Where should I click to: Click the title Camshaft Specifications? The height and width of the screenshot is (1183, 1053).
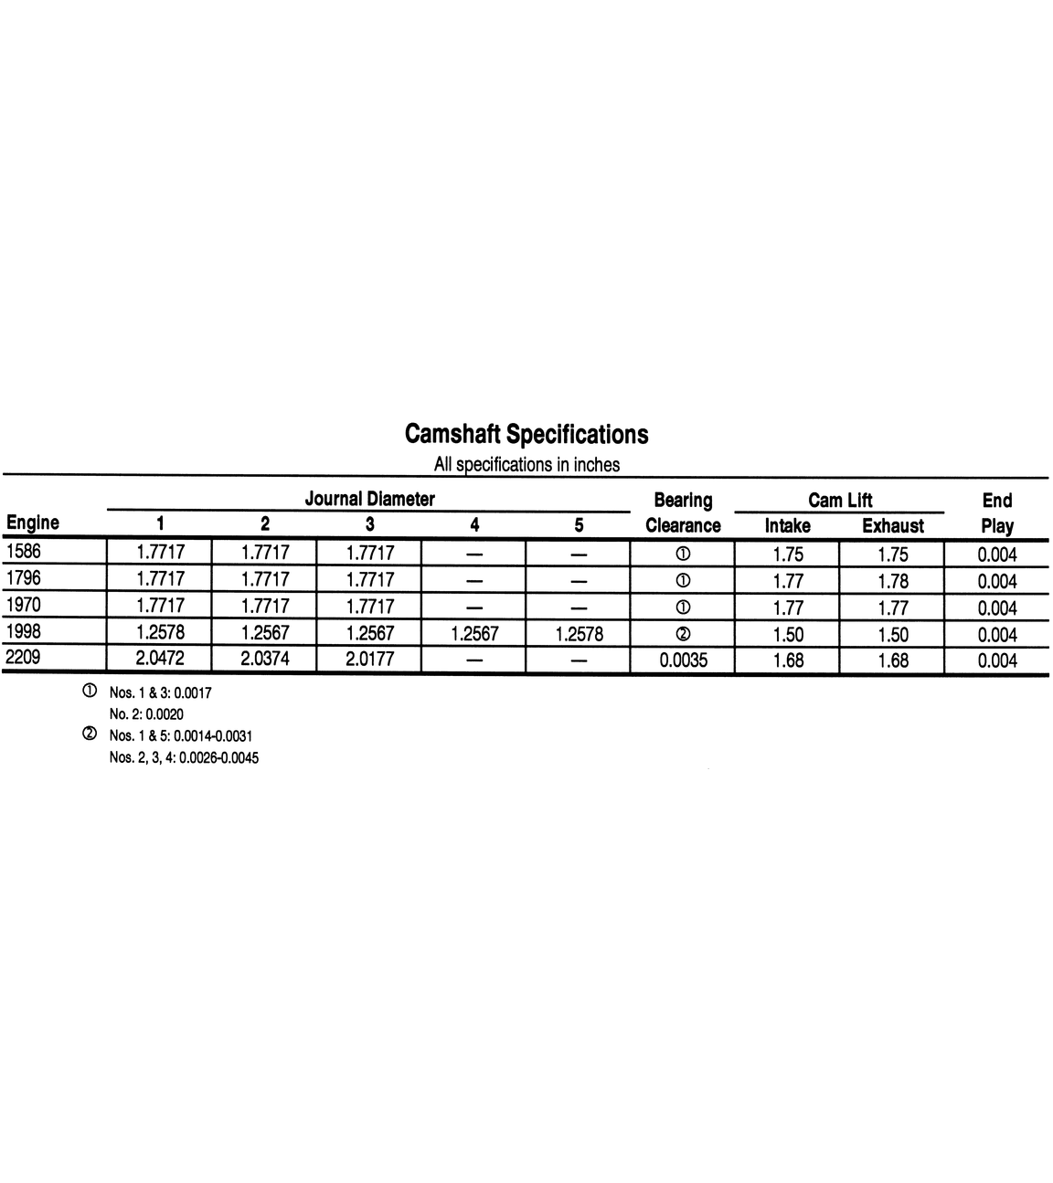tap(526, 433)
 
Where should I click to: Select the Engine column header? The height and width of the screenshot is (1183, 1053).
tap(33, 523)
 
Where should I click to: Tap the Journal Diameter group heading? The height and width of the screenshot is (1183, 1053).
tap(369, 499)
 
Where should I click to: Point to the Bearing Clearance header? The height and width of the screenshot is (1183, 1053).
tap(683, 512)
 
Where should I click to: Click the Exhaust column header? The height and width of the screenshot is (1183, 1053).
tap(892, 525)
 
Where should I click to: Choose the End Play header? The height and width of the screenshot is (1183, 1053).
tap(996, 512)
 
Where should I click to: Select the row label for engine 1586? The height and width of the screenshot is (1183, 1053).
tap(24, 551)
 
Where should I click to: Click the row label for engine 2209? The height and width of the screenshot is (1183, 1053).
tap(24, 658)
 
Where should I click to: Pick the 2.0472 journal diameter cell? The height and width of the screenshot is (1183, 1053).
tap(160, 659)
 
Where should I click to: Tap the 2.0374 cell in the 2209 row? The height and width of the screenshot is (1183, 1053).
tap(265, 659)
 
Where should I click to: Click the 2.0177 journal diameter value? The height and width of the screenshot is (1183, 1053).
tap(369, 659)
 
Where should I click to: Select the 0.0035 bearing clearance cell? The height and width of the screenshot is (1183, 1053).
tap(683, 660)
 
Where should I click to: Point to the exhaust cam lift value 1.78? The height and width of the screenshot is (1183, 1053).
tap(892, 580)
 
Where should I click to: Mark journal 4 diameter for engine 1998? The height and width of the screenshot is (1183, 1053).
tap(474, 633)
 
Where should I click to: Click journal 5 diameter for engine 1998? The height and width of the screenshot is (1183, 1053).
tap(579, 633)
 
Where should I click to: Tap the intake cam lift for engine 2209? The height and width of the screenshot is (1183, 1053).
tap(787, 660)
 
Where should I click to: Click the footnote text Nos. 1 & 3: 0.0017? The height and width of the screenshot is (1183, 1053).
tap(160, 693)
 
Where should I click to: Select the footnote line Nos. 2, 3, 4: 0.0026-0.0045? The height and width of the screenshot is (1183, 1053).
tap(183, 757)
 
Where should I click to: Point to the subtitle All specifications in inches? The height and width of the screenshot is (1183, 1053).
tap(526, 464)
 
